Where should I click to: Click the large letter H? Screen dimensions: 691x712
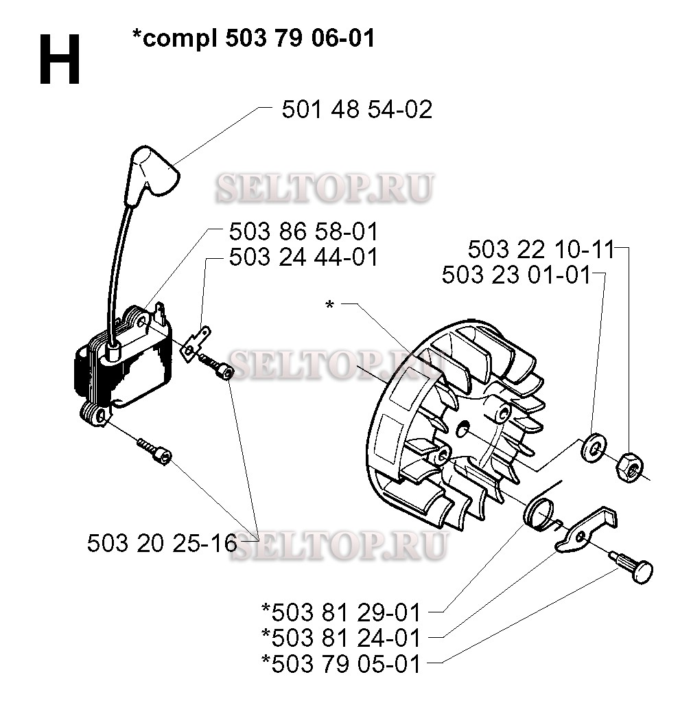click(60, 60)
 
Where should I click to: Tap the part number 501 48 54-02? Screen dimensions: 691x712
click(357, 109)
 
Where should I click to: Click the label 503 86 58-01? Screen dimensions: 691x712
click(303, 231)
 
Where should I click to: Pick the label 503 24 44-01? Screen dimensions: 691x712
click(303, 257)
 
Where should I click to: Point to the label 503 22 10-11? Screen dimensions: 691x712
click(541, 249)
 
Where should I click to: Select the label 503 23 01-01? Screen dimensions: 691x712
click(516, 275)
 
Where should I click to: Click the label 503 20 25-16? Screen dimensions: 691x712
click(162, 543)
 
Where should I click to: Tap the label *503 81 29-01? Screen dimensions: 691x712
click(341, 612)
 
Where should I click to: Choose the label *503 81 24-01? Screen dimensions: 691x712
click(341, 638)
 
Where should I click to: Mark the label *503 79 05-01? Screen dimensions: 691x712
click(341, 664)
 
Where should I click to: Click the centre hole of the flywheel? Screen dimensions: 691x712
click(462, 428)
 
